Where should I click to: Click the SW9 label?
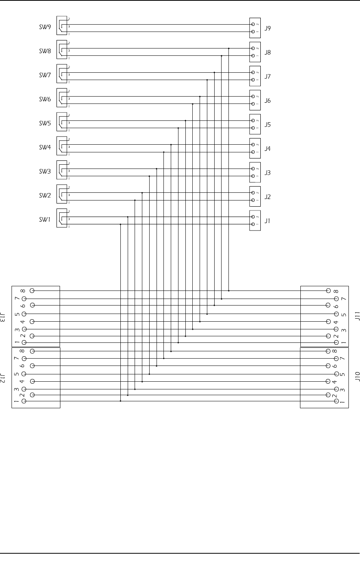(45, 27)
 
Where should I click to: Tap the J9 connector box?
(255, 28)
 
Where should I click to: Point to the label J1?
(268, 221)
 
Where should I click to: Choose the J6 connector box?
(255, 100)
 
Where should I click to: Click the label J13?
(3, 317)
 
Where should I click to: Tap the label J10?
(357, 376)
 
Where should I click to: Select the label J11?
(357, 316)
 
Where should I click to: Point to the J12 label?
(3, 377)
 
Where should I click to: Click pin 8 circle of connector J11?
(328, 291)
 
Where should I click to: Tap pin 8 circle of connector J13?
(32, 291)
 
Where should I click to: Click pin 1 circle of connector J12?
(24, 401)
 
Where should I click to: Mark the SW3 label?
(45, 172)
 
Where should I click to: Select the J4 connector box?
(255, 148)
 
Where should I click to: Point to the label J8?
(268, 52)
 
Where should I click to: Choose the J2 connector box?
(255, 196)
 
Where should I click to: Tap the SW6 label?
(45, 99)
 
